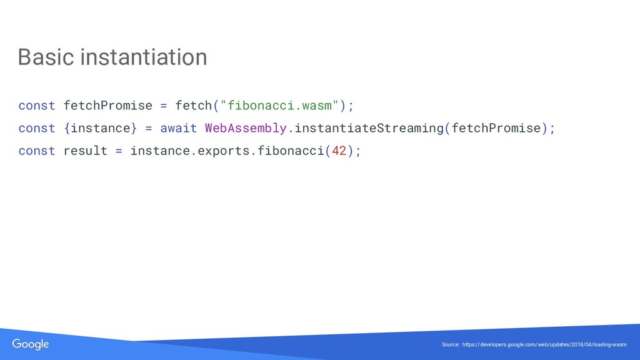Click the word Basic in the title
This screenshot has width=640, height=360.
click(x=46, y=57)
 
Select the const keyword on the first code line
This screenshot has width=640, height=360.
click(x=37, y=105)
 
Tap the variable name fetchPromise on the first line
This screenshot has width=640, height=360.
click(x=108, y=105)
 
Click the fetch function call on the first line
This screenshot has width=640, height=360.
click(x=194, y=105)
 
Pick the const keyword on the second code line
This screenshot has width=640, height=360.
click(x=37, y=128)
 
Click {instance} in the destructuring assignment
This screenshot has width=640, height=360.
click(x=100, y=128)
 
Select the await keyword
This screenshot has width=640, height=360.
click(x=178, y=128)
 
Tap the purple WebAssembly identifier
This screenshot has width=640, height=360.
click(x=246, y=128)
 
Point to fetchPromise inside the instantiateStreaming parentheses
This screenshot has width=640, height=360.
click(x=496, y=128)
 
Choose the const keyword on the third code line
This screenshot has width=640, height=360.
click(x=37, y=151)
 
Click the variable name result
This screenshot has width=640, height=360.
click(x=86, y=151)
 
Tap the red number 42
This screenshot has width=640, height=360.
click(x=339, y=151)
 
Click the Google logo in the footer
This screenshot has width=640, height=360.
click(x=31, y=344)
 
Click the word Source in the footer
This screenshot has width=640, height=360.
click(x=450, y=345)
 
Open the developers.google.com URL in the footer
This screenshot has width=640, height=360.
click(x=544, y=345)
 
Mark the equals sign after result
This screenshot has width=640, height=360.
click(x=119, y=151)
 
